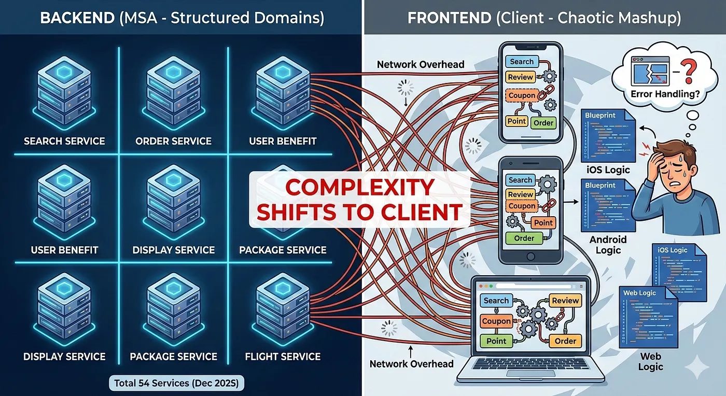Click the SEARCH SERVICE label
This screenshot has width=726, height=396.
64,141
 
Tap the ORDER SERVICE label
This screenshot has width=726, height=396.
173,141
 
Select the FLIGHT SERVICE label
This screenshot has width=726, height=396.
283,357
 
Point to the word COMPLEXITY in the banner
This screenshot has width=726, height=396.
360,188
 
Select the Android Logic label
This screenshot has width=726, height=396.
608,245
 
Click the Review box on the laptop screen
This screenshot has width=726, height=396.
565,301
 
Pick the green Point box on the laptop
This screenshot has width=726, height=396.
496,341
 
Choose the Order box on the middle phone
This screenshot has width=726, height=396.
524,238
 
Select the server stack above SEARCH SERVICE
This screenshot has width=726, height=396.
64,93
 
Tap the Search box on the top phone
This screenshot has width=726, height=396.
522,62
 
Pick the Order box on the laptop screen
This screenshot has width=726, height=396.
565,341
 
